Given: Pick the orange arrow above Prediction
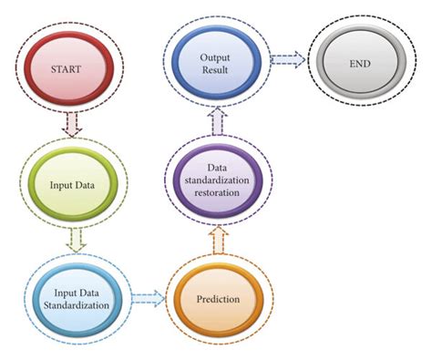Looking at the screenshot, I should (217, 240).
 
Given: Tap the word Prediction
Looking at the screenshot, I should (218, 298).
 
